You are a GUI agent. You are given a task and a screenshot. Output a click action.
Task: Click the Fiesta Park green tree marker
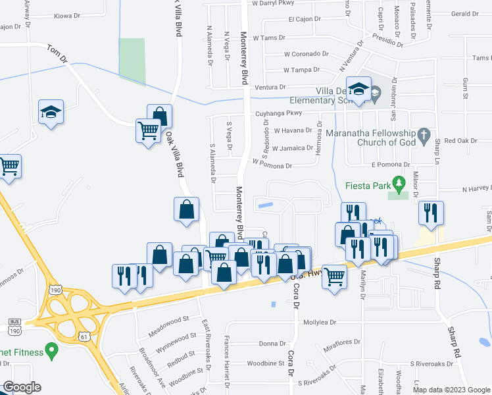point(397,182)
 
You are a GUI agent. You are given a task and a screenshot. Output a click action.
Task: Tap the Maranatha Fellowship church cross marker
point(425,137)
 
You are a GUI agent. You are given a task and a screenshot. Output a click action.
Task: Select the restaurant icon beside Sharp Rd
point(431,213)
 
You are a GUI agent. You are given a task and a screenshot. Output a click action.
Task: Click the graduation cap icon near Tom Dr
point(51,113)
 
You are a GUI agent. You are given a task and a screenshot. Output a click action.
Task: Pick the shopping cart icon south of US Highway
point(334,276)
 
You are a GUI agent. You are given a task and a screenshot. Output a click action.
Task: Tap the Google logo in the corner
point(22,387)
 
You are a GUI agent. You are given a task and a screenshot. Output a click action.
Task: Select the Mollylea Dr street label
point(320,323)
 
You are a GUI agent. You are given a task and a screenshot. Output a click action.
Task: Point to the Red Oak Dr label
point(460,141)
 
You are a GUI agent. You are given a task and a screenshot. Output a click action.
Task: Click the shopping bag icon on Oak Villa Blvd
point(187,210)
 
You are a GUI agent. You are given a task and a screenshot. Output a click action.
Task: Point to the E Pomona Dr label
point(390,165)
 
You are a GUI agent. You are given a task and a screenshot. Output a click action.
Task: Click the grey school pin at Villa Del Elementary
point(374,95)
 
